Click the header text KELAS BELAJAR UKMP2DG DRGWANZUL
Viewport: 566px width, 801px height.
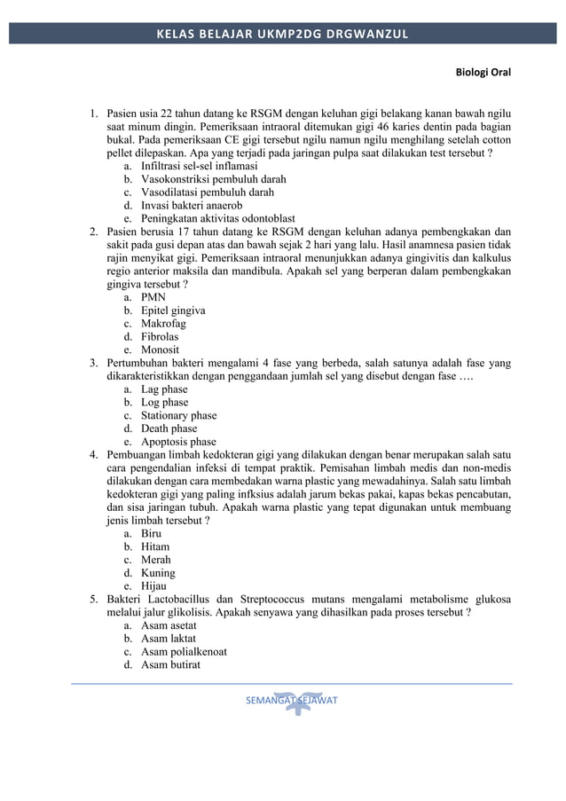coord(282,34)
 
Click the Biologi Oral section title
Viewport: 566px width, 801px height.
coord(483,71)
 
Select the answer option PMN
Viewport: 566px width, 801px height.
coord(153,297)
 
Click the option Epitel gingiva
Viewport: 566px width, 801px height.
coord(173,310)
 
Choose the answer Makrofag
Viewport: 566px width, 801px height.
coord(163,324)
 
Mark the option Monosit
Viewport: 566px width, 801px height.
coord(160,349)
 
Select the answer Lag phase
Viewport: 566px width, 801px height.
coord(164,389)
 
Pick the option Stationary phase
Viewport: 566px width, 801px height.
coord(178,415)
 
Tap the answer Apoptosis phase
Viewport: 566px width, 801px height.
coord(178,442)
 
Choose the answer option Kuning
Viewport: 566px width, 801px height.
coord(158,573)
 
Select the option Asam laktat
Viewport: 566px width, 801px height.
coord(169,639)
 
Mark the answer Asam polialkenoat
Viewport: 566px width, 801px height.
coord(184,651)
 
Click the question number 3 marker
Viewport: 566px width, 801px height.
coord(93,363)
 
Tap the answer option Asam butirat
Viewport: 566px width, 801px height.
coord(170,664)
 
